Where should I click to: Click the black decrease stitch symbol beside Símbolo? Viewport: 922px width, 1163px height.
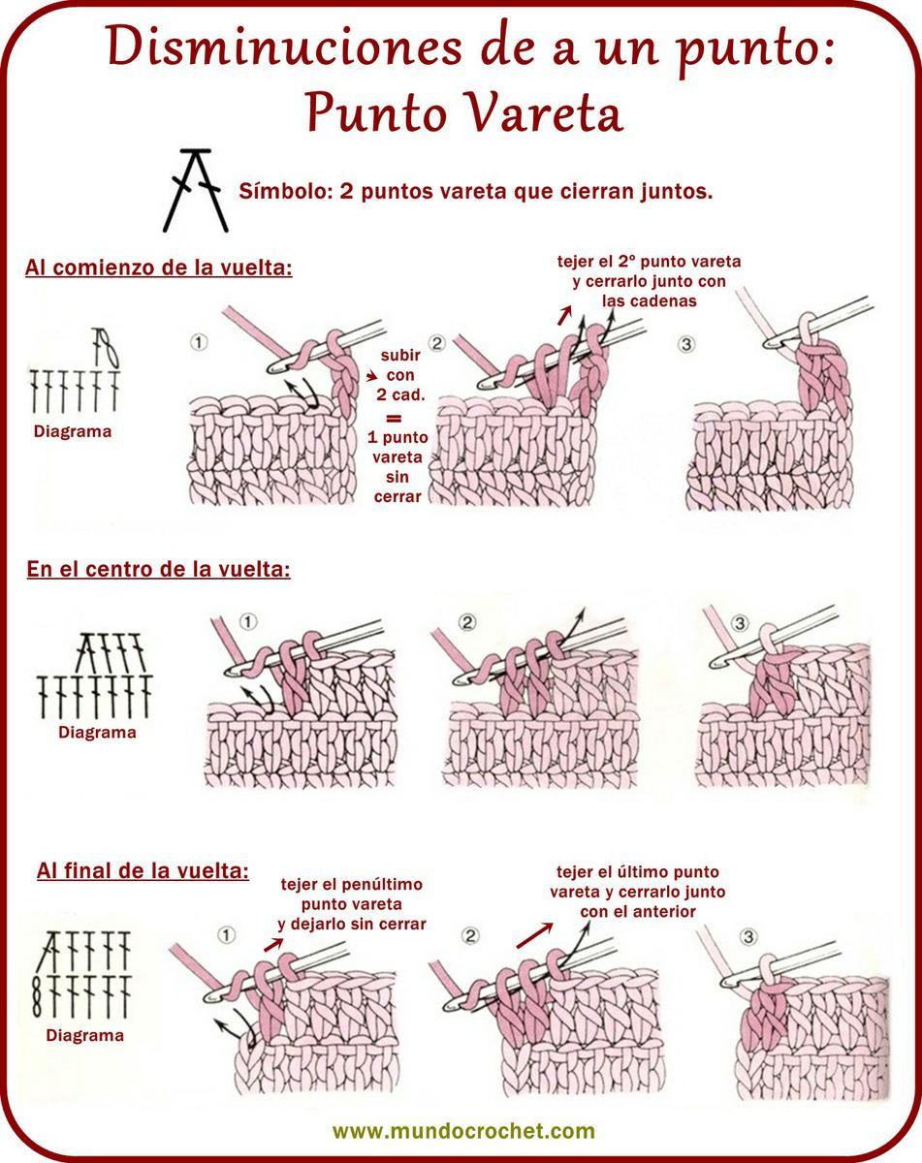(x=195, y=190)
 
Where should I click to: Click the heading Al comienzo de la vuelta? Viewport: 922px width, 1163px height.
(x=158, y=267)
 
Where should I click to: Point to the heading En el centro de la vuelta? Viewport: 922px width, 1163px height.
(x=158, y=569)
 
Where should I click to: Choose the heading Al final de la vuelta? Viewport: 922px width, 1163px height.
(x=143, y=870)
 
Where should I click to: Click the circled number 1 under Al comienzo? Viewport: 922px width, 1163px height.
(x=199, y=342)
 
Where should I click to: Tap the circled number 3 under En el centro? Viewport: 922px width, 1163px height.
(x=740, y=623)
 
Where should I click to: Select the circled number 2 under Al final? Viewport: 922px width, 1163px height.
(x=470, y=935)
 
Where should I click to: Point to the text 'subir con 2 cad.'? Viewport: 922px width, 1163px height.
(x=400, y=375)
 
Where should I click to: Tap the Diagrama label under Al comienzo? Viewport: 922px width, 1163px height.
(x=73, y=431)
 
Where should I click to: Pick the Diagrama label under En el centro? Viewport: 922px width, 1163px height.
(x=97, y=733)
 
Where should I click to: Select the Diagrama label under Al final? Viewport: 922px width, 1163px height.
(x=85, y=1035)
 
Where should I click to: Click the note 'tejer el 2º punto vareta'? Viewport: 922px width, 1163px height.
(x=649, y=262)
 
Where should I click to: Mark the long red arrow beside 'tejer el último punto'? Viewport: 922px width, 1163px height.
(x=534, y=935)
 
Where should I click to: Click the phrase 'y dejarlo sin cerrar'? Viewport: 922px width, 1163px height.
(x=352, y=925)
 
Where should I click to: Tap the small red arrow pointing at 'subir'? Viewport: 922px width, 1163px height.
(x=371, y=376)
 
